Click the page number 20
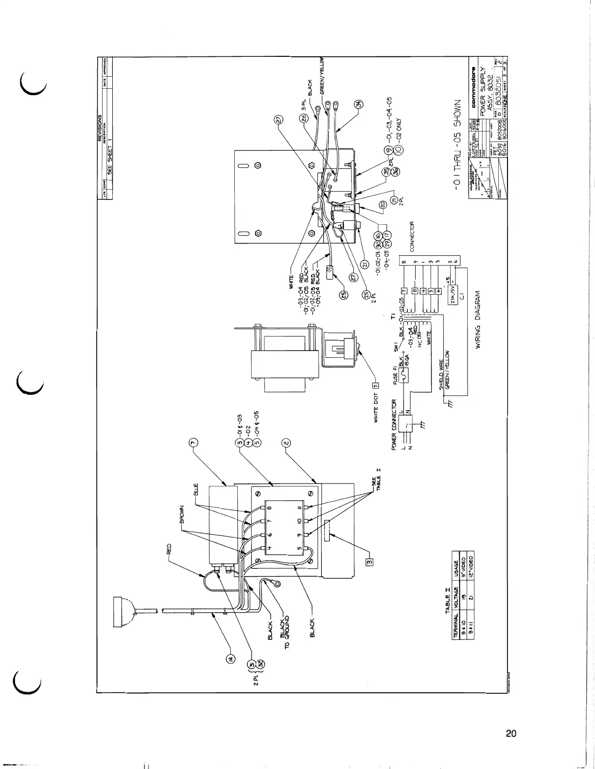click(x=510, y=733)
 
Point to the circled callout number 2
click(x=286, y=443)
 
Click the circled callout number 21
click(x=363, y=264)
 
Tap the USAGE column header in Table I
click(x=456, y=566)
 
